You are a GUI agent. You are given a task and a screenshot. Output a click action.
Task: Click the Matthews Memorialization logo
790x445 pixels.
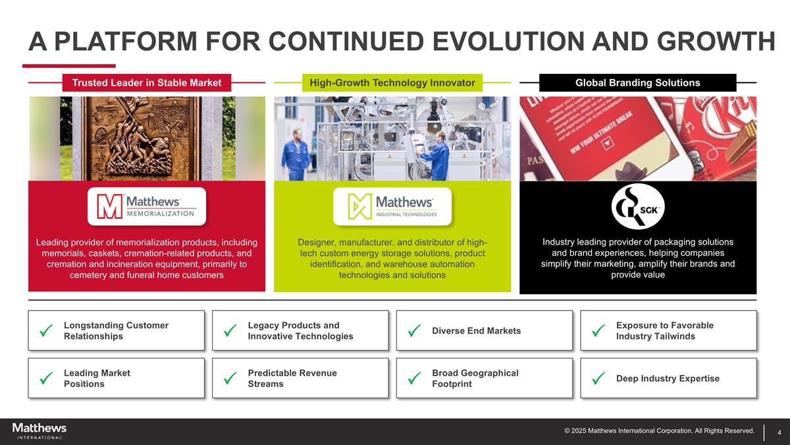pos(147,206)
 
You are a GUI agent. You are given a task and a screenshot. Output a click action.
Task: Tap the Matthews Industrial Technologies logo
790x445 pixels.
pos(392,206)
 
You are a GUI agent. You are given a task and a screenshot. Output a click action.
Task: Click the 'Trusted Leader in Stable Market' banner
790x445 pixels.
pos(147,82)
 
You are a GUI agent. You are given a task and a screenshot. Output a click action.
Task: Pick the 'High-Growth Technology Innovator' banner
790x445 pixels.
pos(392,82)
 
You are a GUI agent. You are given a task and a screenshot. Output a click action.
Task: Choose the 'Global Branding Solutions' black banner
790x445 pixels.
pos(637,82)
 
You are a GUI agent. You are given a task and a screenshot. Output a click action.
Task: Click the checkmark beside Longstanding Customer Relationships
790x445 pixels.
pos(46,330)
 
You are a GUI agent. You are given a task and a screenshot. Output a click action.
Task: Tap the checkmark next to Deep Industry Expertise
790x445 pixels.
pos(598,378)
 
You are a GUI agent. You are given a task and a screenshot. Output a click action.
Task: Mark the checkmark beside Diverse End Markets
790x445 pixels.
pos(414,330)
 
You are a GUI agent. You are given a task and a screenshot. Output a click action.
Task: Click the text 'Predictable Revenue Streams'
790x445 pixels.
pos(292,378)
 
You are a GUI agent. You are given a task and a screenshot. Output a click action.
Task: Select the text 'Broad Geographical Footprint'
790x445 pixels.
pos(475,378)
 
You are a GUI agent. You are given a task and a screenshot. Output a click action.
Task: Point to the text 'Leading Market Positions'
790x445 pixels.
pos(97,378)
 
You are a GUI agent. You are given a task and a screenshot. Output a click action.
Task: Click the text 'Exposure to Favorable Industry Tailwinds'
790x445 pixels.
pos(664,330)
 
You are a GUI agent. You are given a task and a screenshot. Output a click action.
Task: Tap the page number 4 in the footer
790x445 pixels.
pos(779,432)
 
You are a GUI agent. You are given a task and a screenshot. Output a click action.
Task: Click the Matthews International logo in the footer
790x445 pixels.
pos(39,431)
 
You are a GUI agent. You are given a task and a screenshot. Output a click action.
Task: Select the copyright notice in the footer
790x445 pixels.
pos(659,431)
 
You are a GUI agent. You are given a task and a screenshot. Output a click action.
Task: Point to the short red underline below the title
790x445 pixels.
pos(68,65)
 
